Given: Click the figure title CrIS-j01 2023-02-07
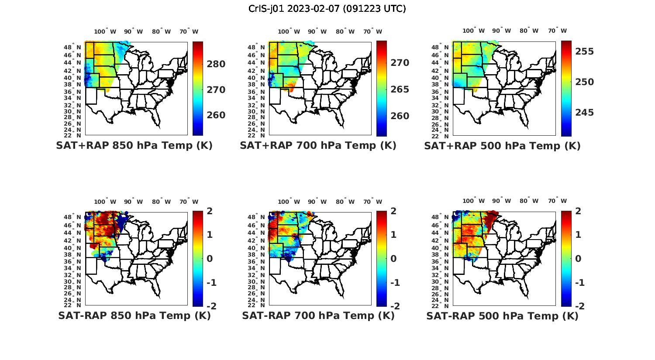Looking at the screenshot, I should [x=327, y=9].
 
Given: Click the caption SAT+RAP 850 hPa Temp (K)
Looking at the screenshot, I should [x=134, y=146].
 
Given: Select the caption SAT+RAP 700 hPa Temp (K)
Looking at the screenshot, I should [x=318, y=146].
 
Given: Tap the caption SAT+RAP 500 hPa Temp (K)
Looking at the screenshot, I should [x=502, y=146].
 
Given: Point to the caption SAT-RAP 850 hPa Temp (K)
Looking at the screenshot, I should [x=134, y=316].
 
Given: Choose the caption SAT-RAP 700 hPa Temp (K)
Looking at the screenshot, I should [x=318, y=316].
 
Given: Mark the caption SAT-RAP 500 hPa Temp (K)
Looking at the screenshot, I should [x=502, y=316].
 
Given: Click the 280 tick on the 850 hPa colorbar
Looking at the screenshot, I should [x=216, y=64].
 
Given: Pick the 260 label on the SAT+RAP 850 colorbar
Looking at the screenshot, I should [x=216, y=115].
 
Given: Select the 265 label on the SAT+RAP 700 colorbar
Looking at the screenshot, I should [x=400, y=89].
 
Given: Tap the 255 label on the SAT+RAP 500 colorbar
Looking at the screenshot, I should [x=584, y=51].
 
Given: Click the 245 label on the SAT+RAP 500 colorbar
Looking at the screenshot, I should [x=584, y=113].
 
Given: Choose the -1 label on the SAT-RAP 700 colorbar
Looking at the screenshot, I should [x=395, y=283].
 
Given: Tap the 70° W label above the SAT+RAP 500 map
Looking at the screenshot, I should [x=557, y=31].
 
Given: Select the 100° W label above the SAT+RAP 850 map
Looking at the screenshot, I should [x=105, y=31].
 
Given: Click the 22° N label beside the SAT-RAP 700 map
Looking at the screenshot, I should [x=260, y=305].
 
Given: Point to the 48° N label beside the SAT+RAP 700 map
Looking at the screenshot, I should [x=260, y=47].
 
